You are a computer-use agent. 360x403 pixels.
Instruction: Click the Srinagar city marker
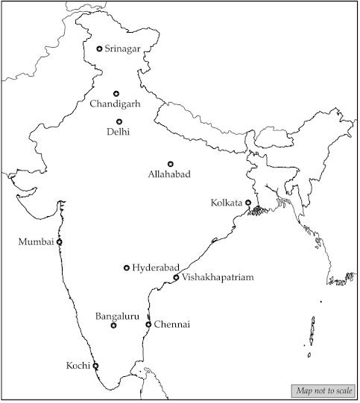tap(100, 49)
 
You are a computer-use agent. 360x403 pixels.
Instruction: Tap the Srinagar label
tap(123, 49)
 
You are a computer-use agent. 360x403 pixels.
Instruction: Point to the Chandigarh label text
tap(116, 104)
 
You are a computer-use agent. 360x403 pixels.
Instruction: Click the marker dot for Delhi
tap(119, 121)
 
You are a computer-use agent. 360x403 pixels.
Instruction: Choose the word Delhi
tap(119, 133)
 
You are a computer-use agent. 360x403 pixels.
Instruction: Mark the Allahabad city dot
tap(170, 163)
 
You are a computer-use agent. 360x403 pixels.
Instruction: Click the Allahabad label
tap(169, 174)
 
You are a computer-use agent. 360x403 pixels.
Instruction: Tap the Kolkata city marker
tap(248, 202)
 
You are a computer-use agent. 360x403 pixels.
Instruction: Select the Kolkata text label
tap(227, 203)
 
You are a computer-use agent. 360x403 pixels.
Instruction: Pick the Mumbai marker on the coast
tap(60, 241)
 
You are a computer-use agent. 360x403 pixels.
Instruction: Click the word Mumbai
tap(37, 242)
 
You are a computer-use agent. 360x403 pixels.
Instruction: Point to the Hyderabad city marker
tap(127, 267)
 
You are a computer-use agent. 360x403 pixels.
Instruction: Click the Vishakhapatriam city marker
tap(176, 277)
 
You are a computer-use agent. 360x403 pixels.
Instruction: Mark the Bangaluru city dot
tap(113, 326)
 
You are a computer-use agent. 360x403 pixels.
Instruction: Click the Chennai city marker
tap(148, 324)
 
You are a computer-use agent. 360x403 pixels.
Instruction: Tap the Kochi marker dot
tap(95, 365)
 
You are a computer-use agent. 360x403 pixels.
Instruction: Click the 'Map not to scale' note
tap(323, 391)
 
